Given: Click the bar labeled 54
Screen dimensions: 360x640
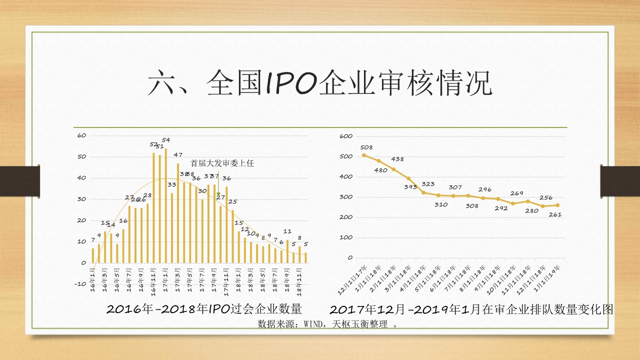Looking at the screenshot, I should point(166,205).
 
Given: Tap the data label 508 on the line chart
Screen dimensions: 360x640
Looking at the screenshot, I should point(366,147).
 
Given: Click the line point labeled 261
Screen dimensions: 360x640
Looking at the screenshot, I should point(557,205).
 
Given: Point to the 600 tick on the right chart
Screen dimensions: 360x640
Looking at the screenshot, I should point(346,136).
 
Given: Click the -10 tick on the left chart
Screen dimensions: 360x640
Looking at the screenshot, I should point(80,284).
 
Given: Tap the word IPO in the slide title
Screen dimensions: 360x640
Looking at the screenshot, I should point(289,83).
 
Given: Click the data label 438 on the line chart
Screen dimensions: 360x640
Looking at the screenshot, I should point(397,159).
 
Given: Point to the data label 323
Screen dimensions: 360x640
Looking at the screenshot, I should point(428,184).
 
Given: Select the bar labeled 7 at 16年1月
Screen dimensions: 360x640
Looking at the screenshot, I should point(93,255).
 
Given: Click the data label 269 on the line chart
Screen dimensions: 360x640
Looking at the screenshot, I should point(516,193).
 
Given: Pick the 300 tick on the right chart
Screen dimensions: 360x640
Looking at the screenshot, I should point(346,197).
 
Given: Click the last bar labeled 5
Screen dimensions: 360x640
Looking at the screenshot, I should point(305,257).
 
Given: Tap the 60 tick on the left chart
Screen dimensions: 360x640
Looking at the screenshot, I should point(82,135).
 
